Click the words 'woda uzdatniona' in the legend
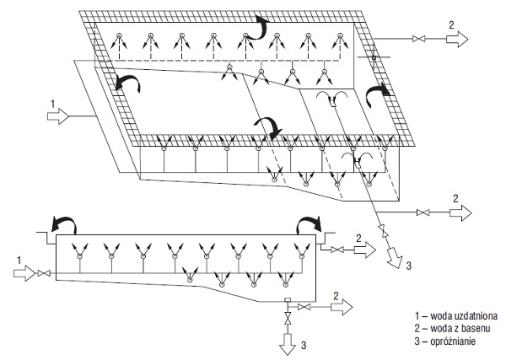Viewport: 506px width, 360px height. point(464,315)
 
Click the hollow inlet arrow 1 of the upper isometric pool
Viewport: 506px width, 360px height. point(58,116)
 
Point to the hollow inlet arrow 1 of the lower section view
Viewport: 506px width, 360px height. point(24,273)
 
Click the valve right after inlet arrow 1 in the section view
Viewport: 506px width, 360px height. point(43,273)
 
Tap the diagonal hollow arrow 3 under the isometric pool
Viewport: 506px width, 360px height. point(395,257)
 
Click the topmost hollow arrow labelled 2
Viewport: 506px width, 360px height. point(457,39)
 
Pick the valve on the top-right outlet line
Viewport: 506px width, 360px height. point(419,39)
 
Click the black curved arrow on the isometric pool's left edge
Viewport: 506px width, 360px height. point(128,83)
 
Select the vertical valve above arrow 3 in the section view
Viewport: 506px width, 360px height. point(287,318)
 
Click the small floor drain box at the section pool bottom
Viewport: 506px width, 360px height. point(288,300)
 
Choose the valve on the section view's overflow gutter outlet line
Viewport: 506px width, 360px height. point(337,250)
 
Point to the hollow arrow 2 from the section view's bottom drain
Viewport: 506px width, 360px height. point(342,307)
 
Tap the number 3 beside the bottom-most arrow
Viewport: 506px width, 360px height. point(304,345)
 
